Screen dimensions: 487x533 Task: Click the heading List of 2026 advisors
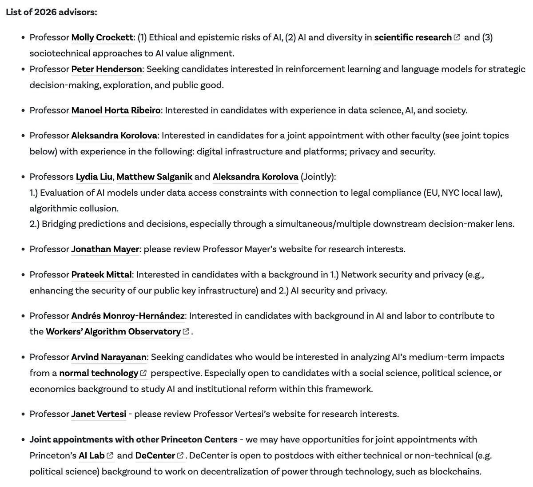[x=51, y=12]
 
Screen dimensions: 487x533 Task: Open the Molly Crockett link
[x=102, y=37]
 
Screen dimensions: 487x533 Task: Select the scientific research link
[x=413, y=37]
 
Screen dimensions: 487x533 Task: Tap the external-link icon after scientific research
[x=457, y=38]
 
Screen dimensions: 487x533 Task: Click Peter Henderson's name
[x=107, y=69]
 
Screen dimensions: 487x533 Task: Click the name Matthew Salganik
[x=154, y=177]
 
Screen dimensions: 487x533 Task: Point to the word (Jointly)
[x=318, y=177]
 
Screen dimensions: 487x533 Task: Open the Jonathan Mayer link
[x=105, y=249]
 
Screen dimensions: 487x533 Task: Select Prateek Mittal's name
[x=101, y=274]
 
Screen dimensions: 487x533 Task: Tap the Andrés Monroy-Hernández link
[x=127, y=316]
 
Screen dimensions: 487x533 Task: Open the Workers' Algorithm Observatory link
[x=113, y=332]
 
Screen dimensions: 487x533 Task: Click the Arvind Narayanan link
[x=109, y=357]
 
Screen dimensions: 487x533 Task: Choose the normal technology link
[x=99, y=373]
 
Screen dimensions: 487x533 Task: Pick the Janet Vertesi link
[x=98, y=414]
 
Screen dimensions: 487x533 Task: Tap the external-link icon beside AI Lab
[x=110, y=456]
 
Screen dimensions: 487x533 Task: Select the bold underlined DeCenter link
[x=155, y=455]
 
